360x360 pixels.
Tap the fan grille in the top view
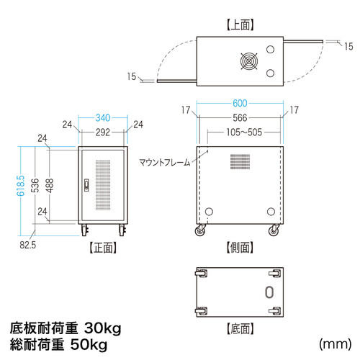pos(247,61)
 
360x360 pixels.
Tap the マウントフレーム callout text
pos(165,163)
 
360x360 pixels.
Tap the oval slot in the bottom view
pos(269,292)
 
